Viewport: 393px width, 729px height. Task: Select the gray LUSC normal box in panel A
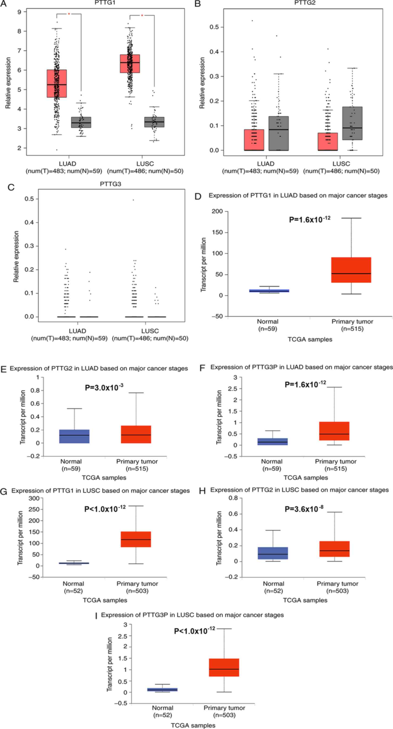pyautogui.click(x=154, y=122)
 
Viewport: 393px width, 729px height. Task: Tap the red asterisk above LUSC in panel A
pyautogui.click(x=142, y=15)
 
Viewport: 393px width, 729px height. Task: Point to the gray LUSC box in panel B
pyautogui.click(x=352, y=123)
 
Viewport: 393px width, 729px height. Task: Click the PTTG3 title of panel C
pyautogui.click(x=110, y=184)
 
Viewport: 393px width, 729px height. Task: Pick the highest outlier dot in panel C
pyautogui.click(x=133, y=200)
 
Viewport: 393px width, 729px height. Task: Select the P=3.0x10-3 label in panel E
pyautogui.click(x=104, y=387)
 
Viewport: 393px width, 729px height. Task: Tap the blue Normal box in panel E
pyautogui.click(x=74, y=436)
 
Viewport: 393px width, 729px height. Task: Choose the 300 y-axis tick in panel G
pyautogui.click(x=34, y=498)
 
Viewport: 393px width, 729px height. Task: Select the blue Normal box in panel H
pyautogui.click(x=273, y=553)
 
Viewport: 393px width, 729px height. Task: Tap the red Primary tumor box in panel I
pyautogui.click(x=224, y=667)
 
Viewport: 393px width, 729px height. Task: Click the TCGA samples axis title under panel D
pyautogui.click(x=310, y=339)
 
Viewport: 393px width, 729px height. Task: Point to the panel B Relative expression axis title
pyautogui.click(x=202, y=83)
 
